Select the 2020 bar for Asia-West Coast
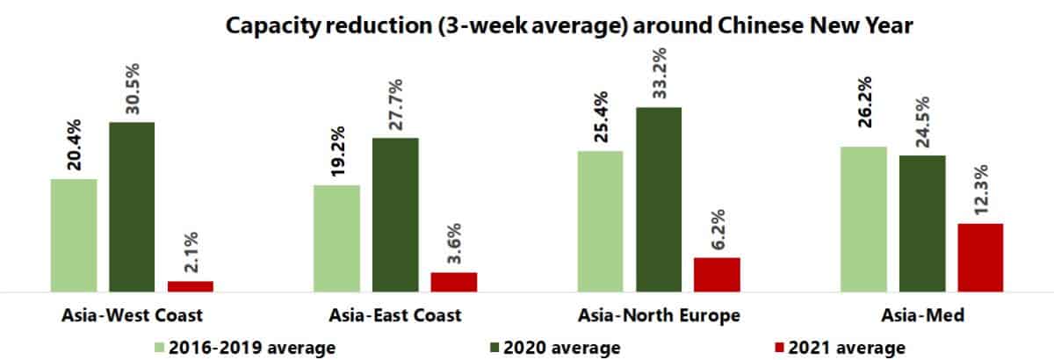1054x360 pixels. [132, 205]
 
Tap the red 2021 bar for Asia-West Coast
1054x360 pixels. [191, 285]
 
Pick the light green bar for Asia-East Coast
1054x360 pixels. [336, 237]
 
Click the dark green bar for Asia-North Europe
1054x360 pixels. [658, 198]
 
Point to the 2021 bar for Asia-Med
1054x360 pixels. [980, 256]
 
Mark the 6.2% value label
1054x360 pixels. [718, 228]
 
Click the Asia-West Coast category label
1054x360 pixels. [132, 315]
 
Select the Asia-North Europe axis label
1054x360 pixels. [659, 315]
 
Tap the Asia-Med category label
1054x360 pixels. [921, 315]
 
